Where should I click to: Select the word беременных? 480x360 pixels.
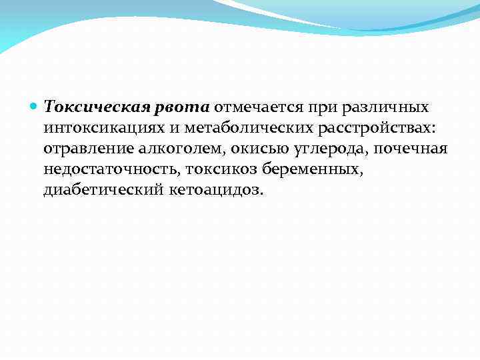pyautogui.click(x=314, y=170)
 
